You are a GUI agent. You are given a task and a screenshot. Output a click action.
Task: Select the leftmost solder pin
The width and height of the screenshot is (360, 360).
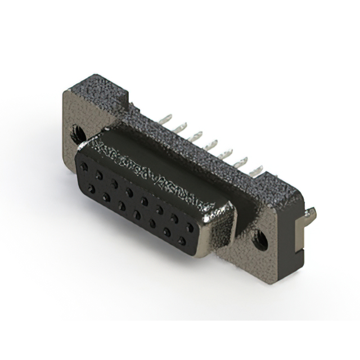166,120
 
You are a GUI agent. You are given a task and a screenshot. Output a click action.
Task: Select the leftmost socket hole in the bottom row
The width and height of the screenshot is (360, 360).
91,188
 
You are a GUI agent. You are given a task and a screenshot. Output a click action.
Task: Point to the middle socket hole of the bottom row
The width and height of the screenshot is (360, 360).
137,214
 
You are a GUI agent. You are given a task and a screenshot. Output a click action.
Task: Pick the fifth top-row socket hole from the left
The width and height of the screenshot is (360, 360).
145,200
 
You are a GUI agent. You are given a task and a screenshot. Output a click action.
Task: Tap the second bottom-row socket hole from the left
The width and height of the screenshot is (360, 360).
106,197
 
